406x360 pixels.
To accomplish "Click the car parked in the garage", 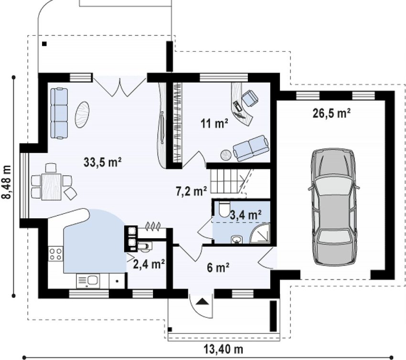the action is (333, 207).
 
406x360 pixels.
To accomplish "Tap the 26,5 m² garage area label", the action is (331, 113).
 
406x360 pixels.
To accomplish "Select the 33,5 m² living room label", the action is (103, 162).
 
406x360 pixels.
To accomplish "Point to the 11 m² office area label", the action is (214, 124).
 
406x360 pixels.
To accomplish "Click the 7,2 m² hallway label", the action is (192, 191).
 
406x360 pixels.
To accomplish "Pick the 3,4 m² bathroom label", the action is (246, 214).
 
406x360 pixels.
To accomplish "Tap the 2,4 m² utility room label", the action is (149, 264).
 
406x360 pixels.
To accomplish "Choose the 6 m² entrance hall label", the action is (218, 267).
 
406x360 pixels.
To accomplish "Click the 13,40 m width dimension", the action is (224, 349).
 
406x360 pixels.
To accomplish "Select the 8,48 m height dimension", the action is (7, 182).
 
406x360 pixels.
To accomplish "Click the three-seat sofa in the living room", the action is (59, 113).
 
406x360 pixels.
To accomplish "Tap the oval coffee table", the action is (82, 115).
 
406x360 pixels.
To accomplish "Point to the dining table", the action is (52, 187).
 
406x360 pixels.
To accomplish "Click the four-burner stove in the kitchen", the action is (56, 254).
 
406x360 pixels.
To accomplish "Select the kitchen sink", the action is (88, 281).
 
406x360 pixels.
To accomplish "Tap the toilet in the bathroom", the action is (224, 209).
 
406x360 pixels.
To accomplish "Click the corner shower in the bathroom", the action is (260, 233).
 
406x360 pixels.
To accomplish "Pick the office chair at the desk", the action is (250, 98).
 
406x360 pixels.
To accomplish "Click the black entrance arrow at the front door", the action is (203, 301).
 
